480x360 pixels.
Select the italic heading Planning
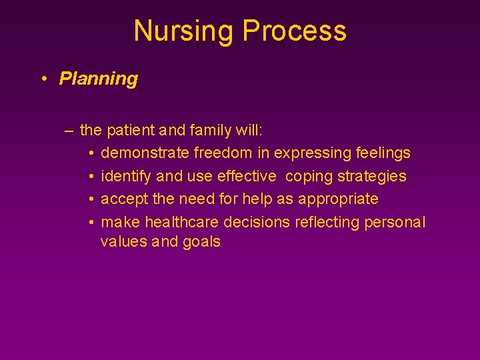tap(98, 79)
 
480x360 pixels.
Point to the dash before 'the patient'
tap(69, 130)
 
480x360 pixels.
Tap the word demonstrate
tap(145, 153)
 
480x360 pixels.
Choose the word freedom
tap(223, 153)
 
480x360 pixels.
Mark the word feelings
tap(383, 153)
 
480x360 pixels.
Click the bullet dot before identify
tap(90, 177)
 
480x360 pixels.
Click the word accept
tap(124, 199)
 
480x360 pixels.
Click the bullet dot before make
tap(90, 222)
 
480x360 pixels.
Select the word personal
tap(394, 222)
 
